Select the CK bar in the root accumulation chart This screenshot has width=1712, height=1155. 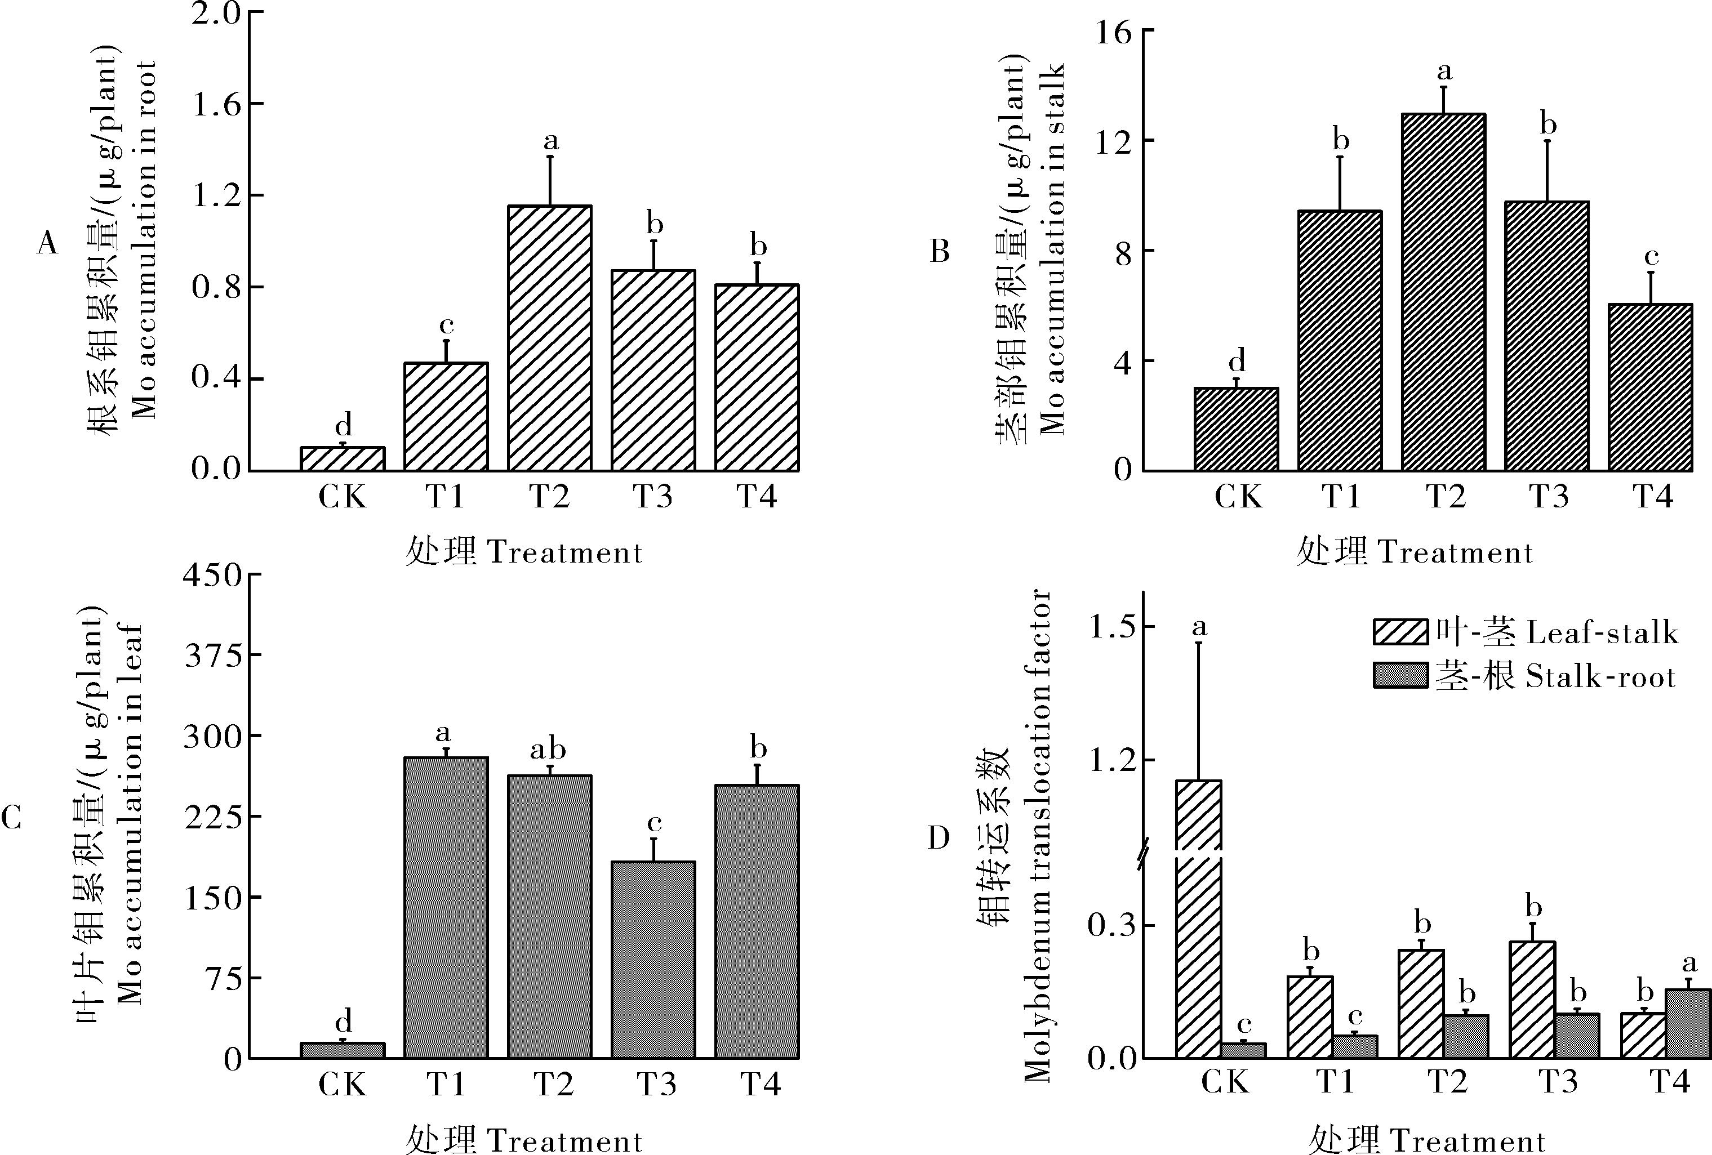click(343, 459)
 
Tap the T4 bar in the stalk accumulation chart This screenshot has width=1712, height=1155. click(1650, 387)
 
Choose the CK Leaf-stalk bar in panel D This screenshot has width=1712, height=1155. click(1199, 957)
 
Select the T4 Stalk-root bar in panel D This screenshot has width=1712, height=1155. click(1687, 1024)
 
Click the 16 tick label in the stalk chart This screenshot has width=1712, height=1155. click(1113, 33)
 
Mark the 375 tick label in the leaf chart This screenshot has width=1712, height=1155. click(213, 655)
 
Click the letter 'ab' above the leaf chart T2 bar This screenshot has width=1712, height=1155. click(549, 750)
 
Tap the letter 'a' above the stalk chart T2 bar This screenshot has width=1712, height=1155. click(1444, 72)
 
